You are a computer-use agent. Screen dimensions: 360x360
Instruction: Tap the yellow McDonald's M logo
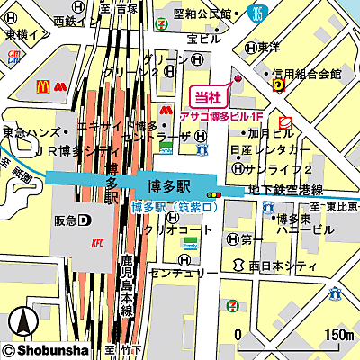point(41,87)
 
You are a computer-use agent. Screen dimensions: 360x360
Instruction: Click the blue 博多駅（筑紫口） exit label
point(175,208)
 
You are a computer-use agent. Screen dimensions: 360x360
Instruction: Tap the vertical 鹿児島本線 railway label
point(127,283)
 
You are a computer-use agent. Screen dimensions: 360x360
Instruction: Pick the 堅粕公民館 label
point(202,13)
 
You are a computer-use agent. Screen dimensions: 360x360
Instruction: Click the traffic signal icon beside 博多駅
point(213,194)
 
